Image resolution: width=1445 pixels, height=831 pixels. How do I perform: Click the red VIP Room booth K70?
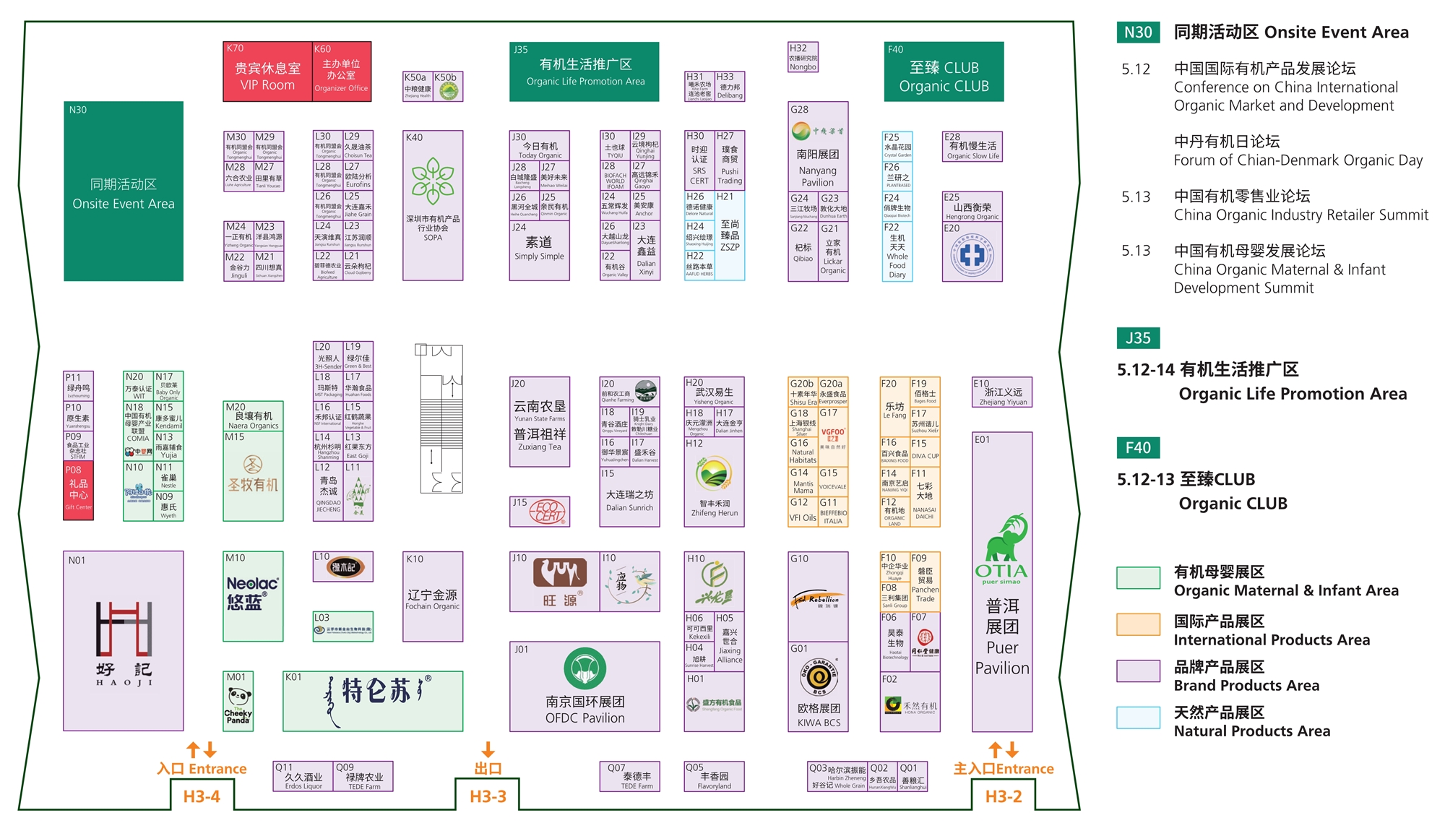pos(267,72)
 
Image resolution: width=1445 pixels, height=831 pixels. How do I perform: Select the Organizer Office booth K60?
pos(342,72)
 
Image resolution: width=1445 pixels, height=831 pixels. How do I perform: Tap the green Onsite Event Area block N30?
pos(124,191)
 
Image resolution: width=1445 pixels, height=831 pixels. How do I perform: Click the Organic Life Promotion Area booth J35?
pos(585,72)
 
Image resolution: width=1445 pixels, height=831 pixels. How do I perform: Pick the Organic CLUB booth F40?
pos(944,72)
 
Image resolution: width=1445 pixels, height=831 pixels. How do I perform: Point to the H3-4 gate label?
pos(202,796)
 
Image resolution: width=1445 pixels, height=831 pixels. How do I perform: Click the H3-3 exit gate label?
pos(488,796)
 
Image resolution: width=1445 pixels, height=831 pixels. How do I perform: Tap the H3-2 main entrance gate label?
pos(1004,796)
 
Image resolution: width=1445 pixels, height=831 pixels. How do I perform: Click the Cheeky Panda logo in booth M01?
pos(238,705)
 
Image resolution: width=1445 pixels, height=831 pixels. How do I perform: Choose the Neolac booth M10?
pos(253,596)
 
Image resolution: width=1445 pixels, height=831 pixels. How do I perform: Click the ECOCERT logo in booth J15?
pos(549,512)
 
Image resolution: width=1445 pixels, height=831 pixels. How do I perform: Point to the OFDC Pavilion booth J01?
pos(585,686)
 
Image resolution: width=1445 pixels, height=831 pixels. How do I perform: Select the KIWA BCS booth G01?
pos(818,686)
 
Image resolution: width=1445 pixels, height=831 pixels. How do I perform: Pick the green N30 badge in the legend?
pos(1138,32)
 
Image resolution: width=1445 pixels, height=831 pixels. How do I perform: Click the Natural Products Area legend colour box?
pos(1138,718)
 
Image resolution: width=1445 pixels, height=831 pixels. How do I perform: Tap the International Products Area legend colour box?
pos(1138,624)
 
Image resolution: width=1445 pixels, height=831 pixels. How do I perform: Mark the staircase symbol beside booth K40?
pos(441,419)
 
